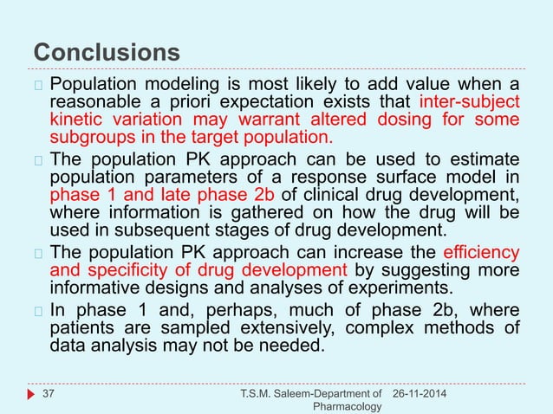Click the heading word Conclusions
click(107, 51)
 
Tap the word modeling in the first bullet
click(174, 84)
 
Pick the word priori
click(175, 102)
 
